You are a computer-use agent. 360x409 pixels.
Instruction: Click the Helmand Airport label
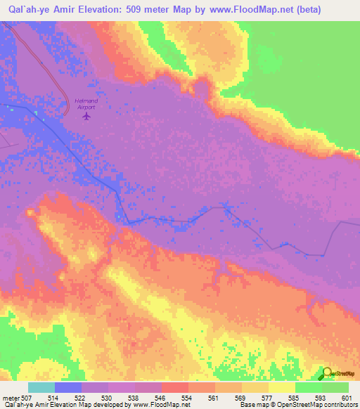pos(86,104)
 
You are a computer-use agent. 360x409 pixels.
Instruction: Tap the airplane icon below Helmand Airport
pos(86,116)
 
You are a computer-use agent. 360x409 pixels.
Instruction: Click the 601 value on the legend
pos(346,398)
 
